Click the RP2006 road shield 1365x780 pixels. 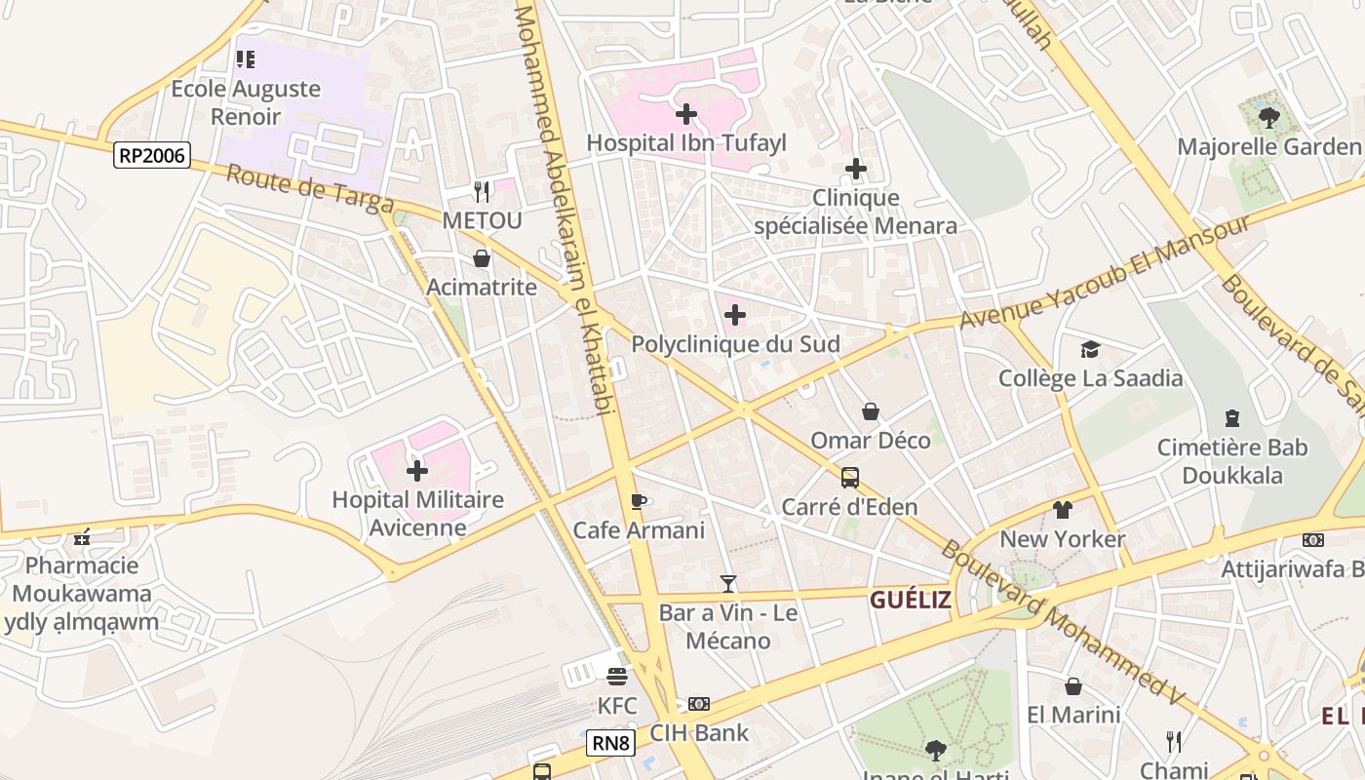tap(151, 155)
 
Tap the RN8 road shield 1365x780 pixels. tap(611, 744)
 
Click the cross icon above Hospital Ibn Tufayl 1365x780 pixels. tap(686, 114)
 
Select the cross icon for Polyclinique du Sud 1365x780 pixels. tap(735, 315)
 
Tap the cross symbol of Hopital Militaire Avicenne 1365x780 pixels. tap(417, 471)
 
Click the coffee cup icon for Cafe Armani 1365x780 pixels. tap(639, 502)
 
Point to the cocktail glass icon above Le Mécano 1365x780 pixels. tap(727, 584)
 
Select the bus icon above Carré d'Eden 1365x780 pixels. tap(850, 478)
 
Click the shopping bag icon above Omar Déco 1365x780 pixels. tap(871, 411)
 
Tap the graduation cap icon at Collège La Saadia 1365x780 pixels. tap(1090, 349)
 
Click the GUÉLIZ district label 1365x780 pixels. tap(910, 600)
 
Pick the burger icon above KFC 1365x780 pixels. tap(617, 676)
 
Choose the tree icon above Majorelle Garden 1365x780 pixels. tap(1268, 118)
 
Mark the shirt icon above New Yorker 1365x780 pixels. tap(1063, 510)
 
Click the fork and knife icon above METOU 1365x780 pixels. tap(482, 191)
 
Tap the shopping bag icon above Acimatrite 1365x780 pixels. tap(482, 258)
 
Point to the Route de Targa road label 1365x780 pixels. tap(310, 189)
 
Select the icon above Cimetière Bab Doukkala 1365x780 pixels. tap(1232, 418)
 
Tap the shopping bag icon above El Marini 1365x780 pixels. tap(1073, 686)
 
